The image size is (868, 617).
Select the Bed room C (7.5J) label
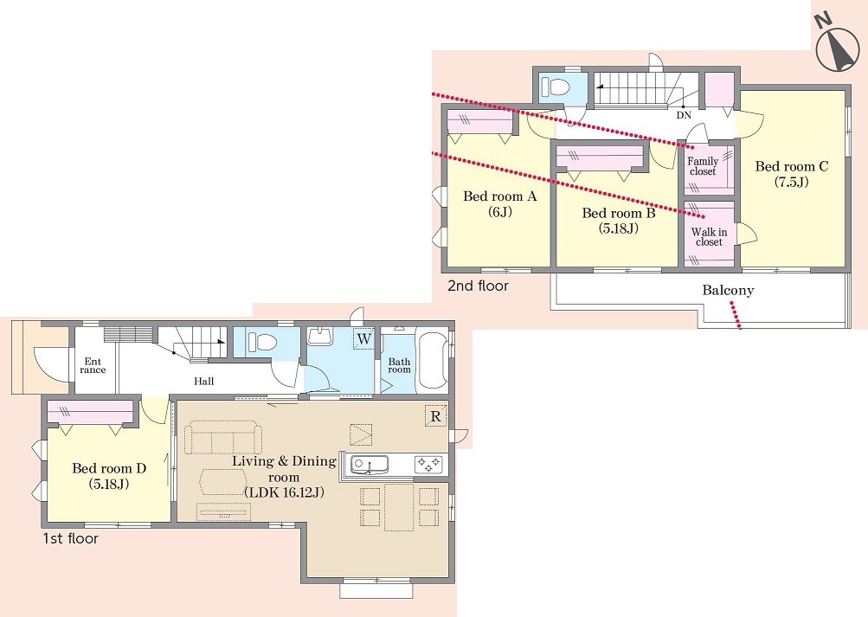pos(792,174)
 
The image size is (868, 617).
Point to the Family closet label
pos(703,166)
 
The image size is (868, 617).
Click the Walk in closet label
pos(709,237)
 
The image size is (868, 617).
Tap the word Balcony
pos(728,290)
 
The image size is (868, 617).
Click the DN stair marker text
pos(685,116)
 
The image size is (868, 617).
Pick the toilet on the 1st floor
pos(262,342)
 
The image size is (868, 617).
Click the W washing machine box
pos(363,338)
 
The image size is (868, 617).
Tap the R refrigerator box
pos(435,416)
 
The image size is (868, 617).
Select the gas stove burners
pos(428,464)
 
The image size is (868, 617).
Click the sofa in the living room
pos(223,437)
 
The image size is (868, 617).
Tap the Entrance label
pos(93,366)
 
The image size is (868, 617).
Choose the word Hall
pos(203,381)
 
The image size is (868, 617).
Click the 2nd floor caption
pos(478,286)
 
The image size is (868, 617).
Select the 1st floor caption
pos(70,538)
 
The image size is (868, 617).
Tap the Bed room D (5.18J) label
pos(109,476)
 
